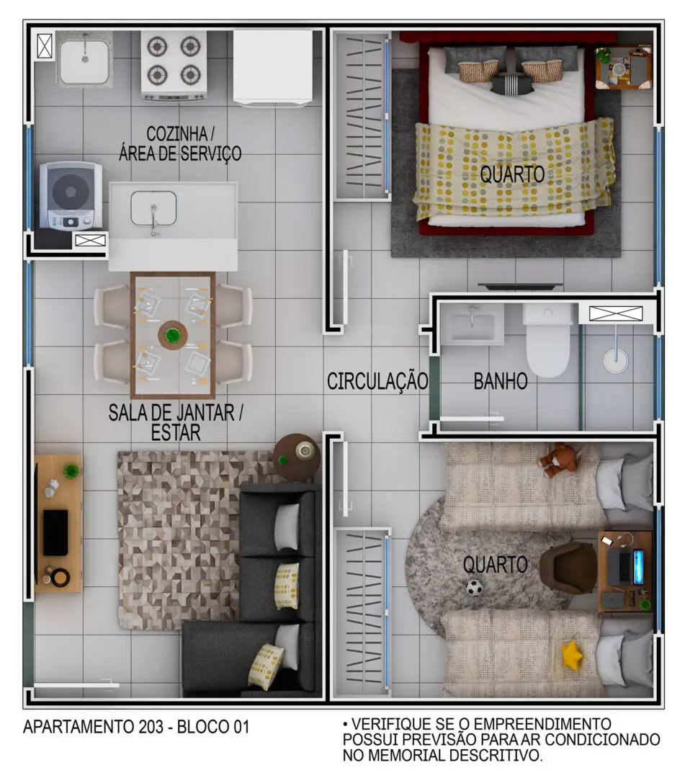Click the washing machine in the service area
tap(71, 194)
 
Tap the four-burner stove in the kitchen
tap(174, 66)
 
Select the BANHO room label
tap(501, 382)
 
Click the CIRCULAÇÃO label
tap(377, 381)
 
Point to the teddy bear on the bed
tap(559, 460)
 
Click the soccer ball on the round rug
tap(475, 588)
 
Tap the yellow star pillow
tap(572, 655)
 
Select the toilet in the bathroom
tap(547, 341)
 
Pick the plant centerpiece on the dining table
tap(173, 335)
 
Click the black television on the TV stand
tap(55, 532)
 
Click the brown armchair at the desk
tap(568, 567)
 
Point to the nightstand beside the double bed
tap(624, 68)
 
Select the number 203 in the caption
tap(151, 727)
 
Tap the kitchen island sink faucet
tap(154, 220)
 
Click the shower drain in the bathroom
tap(616, 359)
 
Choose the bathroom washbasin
tap(472, 324)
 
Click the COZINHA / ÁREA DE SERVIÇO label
tap(180, 144)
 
